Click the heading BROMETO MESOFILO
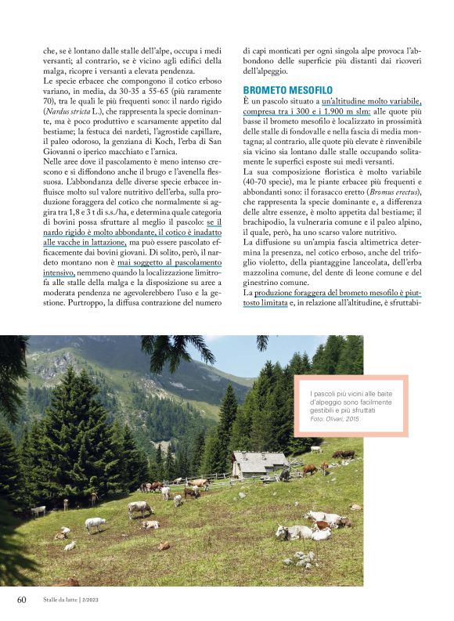pyautogui.click(x=288, y=90)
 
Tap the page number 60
pyautogui.click(x=23, y=600)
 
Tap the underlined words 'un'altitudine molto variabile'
pyautogui.click(x=371, y=103)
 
